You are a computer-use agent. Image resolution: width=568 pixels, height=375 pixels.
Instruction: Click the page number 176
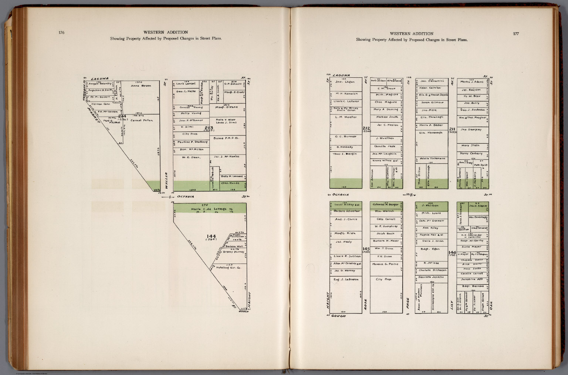61,33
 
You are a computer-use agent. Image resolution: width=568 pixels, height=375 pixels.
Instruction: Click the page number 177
516,34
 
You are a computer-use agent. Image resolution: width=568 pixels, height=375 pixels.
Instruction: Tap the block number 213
209,128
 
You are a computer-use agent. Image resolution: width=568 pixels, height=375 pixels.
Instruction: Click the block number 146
453,252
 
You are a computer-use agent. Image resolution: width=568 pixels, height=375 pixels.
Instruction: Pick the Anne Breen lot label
141,86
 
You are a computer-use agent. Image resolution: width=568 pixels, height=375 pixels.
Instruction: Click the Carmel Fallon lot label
141,120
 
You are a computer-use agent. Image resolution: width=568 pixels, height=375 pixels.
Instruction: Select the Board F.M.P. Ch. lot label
226,138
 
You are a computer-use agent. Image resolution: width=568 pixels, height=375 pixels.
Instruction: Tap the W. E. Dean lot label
191,157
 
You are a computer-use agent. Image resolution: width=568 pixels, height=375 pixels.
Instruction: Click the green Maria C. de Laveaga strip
209,209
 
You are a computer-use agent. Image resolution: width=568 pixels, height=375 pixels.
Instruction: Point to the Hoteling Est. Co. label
229,267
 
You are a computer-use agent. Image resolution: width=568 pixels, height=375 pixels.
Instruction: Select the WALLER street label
167,181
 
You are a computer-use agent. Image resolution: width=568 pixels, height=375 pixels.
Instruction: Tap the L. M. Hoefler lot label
346,117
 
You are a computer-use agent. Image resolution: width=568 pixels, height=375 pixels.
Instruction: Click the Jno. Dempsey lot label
471,130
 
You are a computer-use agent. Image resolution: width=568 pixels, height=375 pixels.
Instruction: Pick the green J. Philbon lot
431,206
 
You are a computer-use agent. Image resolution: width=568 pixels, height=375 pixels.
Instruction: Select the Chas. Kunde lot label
230,183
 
